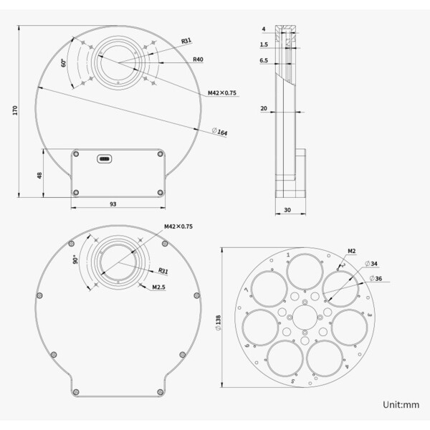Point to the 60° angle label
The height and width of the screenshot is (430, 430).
click(x=64, y=63)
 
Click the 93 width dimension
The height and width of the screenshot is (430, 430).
click(x=113, y=204)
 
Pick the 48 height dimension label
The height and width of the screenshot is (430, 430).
click(x=40, y=175)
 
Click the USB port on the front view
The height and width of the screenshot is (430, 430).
click(x=105, y=158)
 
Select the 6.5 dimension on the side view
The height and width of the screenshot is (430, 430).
click(x=264, y=61)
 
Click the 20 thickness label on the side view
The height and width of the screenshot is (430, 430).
click(x=264, y=108)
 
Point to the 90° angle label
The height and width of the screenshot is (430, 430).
click(x=74, y=260)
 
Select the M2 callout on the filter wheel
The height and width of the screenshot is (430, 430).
click(x=352, y=251)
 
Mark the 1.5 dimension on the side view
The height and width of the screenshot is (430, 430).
click(x=264, y=44)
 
